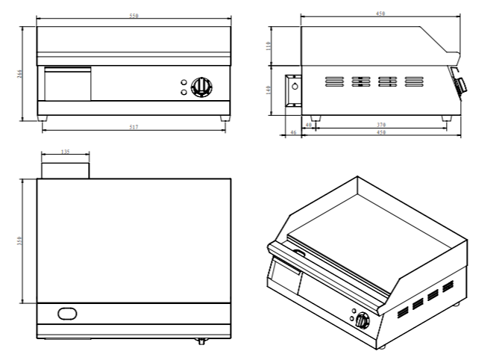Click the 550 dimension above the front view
pos(134,16)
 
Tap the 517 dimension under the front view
pos(134,128)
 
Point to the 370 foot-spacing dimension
pos(380,125)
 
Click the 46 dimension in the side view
pos(292,132)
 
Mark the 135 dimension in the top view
pos(65,152)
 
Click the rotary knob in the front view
pos(200,87)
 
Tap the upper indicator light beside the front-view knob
pos(183,82)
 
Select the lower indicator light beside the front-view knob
pos(183,93)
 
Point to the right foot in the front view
pos(224,118)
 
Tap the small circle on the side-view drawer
pos(294,86)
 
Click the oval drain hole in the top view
pos(67,312)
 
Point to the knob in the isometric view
pos(363,320)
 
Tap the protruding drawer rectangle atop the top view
pos(65,169)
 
